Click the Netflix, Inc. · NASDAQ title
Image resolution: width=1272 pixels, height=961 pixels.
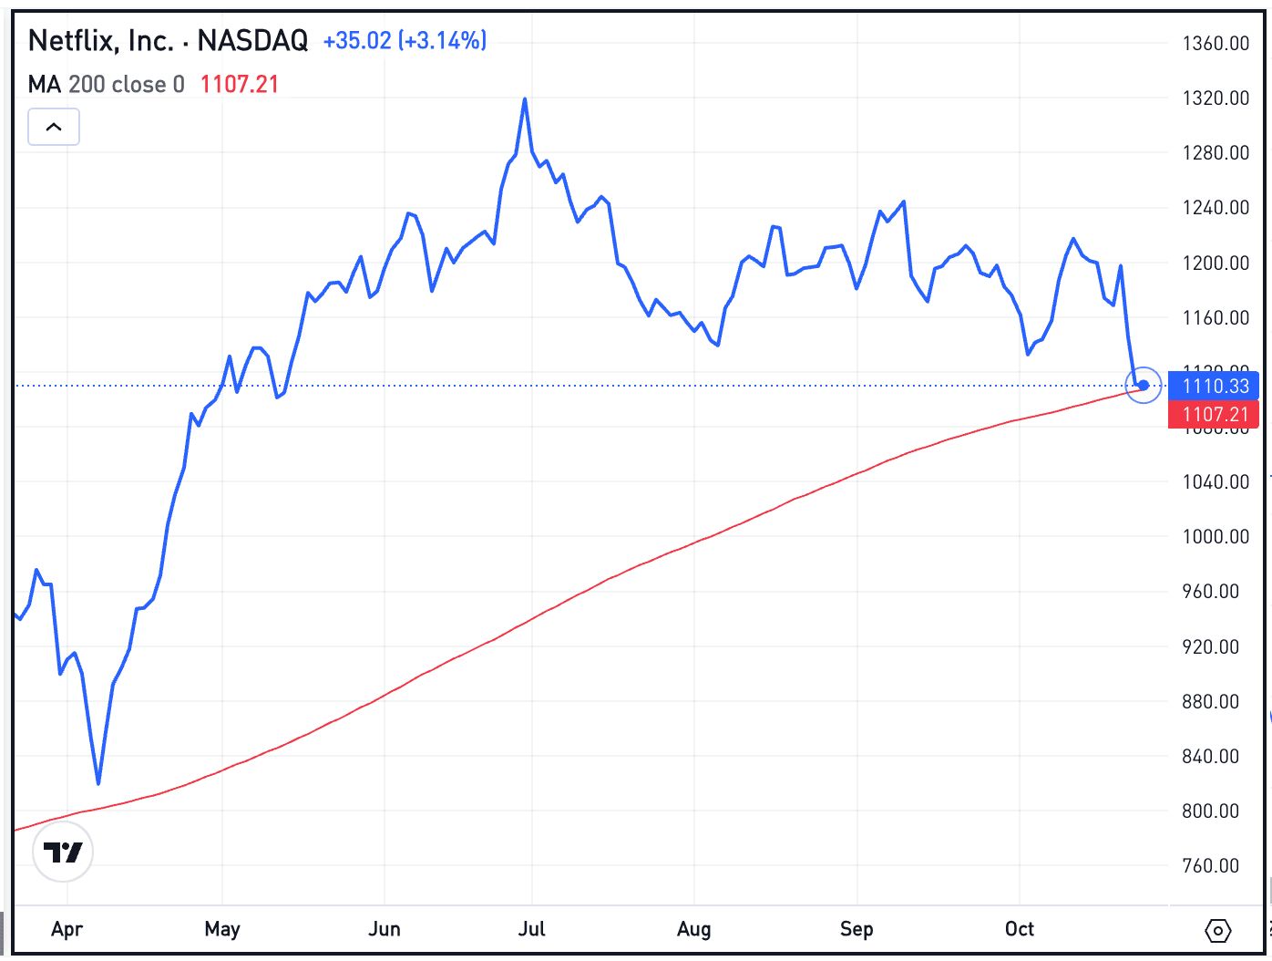[168, 41]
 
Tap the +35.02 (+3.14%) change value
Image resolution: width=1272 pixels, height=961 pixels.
[405, 41]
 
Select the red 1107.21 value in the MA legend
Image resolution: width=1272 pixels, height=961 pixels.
[239, 85]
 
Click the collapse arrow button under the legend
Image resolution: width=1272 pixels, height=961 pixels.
[54, 127]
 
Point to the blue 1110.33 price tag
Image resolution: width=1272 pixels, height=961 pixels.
[1214, 386]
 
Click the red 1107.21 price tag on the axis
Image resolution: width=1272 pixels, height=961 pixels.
[1214, 415]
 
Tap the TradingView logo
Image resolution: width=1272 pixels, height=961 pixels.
[63, 852]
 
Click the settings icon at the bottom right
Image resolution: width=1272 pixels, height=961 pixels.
[1217, 931]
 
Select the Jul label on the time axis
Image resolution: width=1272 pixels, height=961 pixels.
[531, 929]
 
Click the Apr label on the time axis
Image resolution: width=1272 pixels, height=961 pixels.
[67, 929]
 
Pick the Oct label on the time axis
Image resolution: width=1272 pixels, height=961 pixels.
[1019, 929]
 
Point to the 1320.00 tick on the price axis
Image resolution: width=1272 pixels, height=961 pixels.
[1216, 98]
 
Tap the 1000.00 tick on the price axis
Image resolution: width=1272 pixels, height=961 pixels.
[1216, 537]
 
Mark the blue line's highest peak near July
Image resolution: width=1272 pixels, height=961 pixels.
[525, 98]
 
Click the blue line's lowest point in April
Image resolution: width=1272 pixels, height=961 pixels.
[98, 782]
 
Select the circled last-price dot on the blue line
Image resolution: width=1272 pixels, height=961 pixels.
[1144, 385]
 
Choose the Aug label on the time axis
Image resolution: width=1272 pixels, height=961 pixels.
[693, 929]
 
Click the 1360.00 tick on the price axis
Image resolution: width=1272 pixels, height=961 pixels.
[1216, 44]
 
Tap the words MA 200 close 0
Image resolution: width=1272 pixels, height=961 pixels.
[106, 85]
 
